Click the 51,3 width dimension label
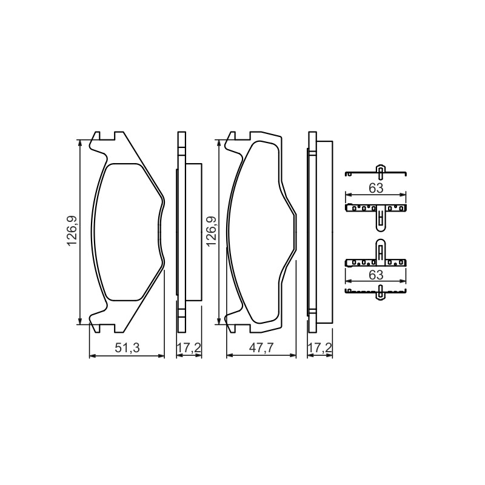click(127, 348)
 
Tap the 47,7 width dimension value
click(261, 348)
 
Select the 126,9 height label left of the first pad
click(72, 232)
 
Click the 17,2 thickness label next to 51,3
click(189, 348)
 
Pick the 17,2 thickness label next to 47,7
click(320, 348)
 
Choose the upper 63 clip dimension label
click(376, 188)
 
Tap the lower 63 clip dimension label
click(376, 275)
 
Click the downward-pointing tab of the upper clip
click(381, 219)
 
